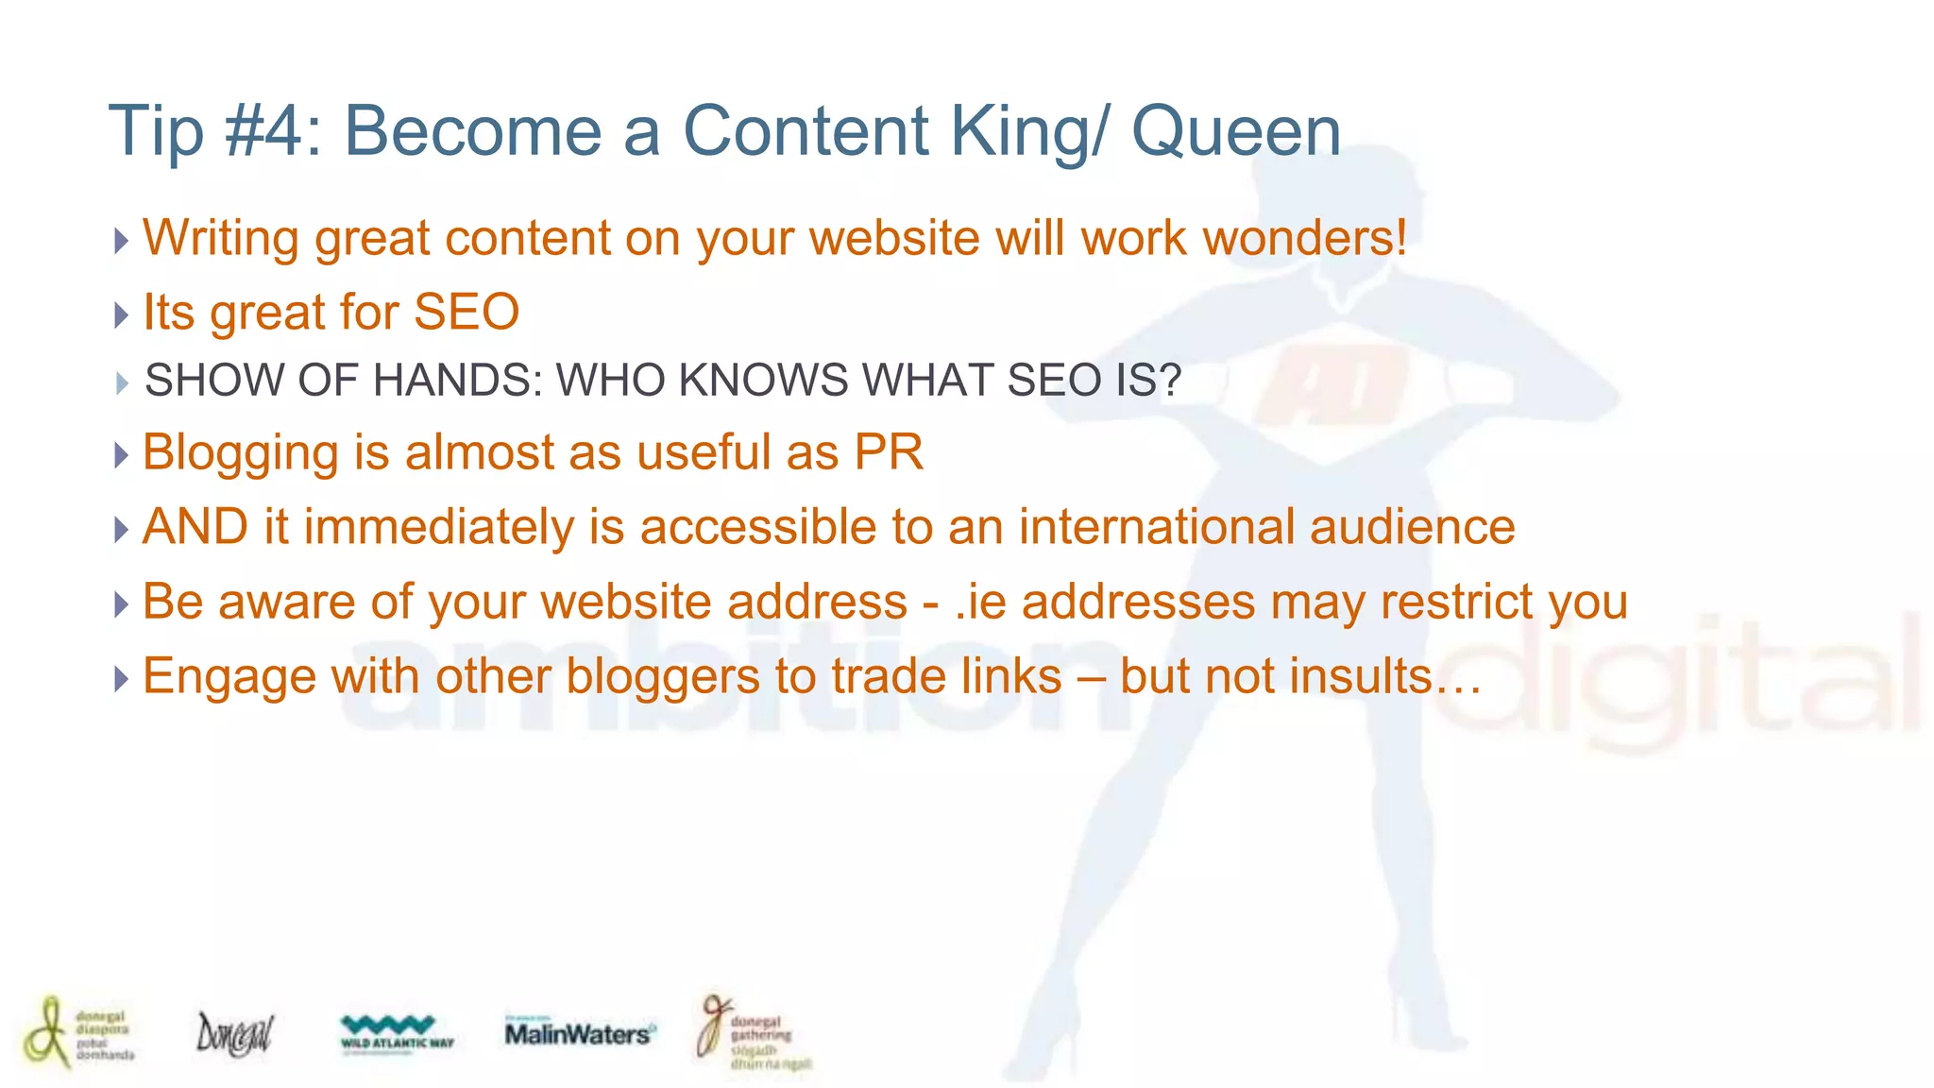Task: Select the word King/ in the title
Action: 1028,131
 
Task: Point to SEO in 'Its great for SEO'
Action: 467,313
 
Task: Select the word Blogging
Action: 240,453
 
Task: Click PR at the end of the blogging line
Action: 889,452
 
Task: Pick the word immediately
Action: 438,527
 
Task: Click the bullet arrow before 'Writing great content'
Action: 121,240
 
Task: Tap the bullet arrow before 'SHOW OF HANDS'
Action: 122,382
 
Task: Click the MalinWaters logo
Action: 578,1034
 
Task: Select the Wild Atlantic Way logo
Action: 397,1032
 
